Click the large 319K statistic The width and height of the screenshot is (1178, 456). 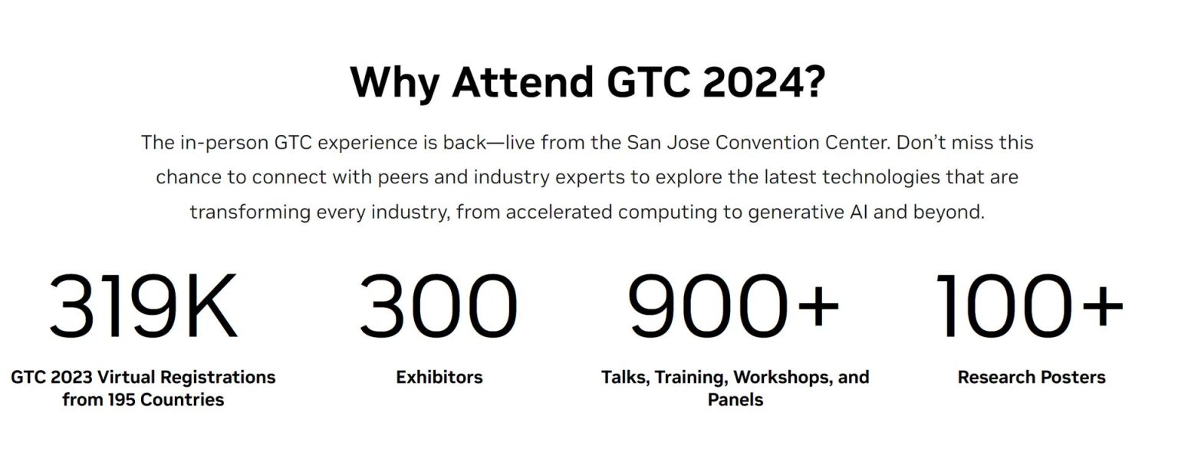pyautogui.click(x=143, y=308)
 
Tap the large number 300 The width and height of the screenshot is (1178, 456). pyautogui.click(x=439, y=308)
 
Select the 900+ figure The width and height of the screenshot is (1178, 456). pyautogui.click(x=734, y=308)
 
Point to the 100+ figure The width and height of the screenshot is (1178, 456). pyautogui.click(x=1030, y=308)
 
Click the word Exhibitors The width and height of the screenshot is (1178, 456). pyautogui.click(x=439, y=377)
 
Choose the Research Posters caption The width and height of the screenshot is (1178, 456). pyautogui.click(x=1032, y=377)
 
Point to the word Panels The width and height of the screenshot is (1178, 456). pyautogui.click(x=735, y=400)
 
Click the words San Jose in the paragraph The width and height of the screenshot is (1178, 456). pyautogui.click(x=659, y=143)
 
